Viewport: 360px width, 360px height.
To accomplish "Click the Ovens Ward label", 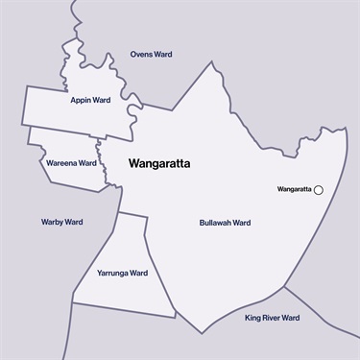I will [x=151, y=55].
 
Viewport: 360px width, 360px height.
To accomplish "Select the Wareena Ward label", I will [x=71, y=163].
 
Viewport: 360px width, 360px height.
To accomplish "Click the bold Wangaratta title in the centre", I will [x=159, y=164].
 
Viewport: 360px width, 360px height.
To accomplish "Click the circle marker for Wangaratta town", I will [x=319, y=190].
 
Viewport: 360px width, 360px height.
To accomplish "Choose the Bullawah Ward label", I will [x=225, y=223].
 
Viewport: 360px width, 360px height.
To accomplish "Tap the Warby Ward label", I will [x=61, y=222].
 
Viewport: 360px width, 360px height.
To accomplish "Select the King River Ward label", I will [x=272, y=318].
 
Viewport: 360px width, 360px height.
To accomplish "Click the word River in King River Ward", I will [x=272, y=318].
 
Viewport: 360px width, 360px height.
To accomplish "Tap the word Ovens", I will [x=141, y=55].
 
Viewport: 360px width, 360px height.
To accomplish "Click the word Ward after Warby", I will [x=73, y=222].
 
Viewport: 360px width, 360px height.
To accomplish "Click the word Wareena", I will [x=61, y=163].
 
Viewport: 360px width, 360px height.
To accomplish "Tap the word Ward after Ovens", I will [x=163, y=55].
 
